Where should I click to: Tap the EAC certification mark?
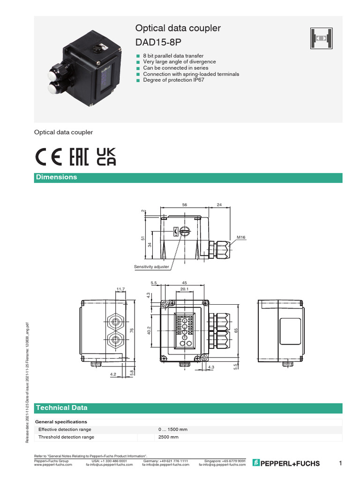(79, 157)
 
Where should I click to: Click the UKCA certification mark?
(106, 157)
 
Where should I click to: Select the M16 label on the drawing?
(241, 238)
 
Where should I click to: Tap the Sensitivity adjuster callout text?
(151, 267)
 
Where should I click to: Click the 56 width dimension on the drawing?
(185, 205)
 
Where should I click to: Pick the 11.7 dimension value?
(121, 289)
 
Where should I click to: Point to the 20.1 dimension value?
(184, 289)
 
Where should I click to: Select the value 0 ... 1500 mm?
(173, 429)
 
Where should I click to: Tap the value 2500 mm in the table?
(169, 437)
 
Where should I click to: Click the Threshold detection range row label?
(66, 437)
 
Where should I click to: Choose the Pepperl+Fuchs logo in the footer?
(286, 463)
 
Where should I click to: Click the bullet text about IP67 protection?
(173, 80)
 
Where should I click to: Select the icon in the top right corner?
(321, 38)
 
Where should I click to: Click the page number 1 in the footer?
(340, 463)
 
